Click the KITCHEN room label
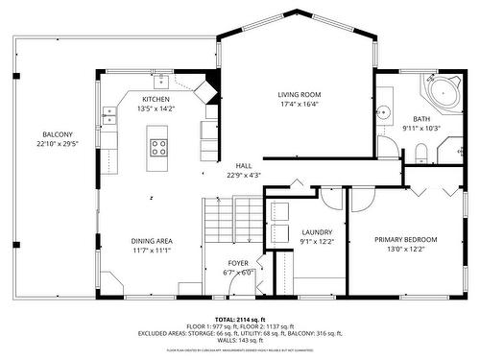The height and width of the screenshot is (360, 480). [156, 99]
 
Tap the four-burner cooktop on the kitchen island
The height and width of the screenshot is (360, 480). [159, 147]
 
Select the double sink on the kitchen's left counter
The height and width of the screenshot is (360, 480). [109, 116]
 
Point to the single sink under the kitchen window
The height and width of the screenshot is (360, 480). [163, 81]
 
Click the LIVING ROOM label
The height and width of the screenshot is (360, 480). [299, 94]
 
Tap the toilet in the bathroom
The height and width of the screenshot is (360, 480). [421, 151]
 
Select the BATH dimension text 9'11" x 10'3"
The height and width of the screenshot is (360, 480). [420, 128]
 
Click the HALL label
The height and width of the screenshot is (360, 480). [244, 165]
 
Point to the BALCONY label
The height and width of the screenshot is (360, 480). [56, 133]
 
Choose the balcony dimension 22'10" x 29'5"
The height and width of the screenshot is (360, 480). [56, 143]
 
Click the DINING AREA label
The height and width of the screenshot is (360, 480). [152, 240]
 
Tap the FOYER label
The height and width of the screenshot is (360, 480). [238, 262]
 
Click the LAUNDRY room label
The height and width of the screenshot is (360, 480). [317, 231]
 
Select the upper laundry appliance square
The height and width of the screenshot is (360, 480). [280, 214]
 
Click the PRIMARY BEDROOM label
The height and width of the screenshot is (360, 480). [406, 239]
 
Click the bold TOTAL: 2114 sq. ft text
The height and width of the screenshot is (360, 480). [239, 319]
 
